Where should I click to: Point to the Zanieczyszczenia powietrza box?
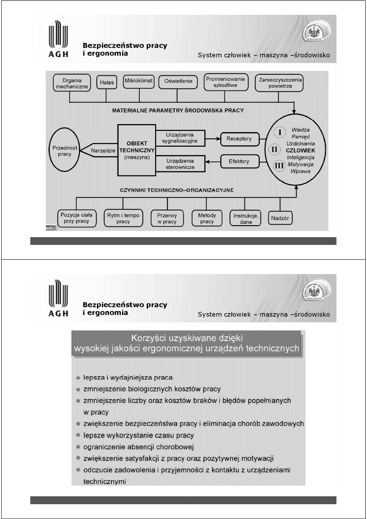pos(279,83)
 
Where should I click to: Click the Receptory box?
pos(239,139)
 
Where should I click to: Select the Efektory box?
pos(239,161)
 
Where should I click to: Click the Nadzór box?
pos(280,219)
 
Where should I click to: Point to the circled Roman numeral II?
pos(275,150)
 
